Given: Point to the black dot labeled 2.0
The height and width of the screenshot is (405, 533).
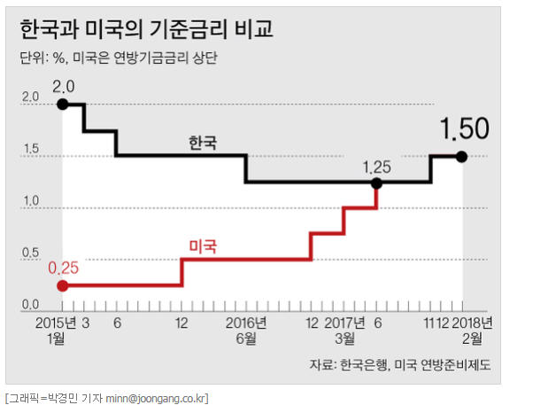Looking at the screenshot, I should point(62,105).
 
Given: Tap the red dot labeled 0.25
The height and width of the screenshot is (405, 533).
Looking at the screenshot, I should point(62,285).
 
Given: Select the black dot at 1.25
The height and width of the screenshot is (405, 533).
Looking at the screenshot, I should point(377,183).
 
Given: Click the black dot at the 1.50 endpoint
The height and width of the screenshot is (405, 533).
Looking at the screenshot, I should point(461,156).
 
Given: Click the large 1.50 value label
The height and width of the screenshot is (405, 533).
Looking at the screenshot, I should point(465,129).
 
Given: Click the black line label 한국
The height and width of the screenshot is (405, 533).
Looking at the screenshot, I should point(203,141).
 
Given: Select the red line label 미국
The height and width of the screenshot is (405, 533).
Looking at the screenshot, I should point(203,245).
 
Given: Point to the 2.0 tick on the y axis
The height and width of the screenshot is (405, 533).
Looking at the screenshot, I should point(31,97).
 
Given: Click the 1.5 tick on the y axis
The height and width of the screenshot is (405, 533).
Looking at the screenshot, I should point(31,149).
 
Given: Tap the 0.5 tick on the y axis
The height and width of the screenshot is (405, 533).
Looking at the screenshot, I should point(31,253).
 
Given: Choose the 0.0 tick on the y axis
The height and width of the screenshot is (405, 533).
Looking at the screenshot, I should point(31,305).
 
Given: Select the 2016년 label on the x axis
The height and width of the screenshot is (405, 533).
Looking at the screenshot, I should point(245,322).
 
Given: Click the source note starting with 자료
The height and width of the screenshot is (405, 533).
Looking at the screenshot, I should point(399,364).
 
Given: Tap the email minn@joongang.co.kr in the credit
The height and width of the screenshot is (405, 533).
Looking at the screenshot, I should point(155,396).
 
